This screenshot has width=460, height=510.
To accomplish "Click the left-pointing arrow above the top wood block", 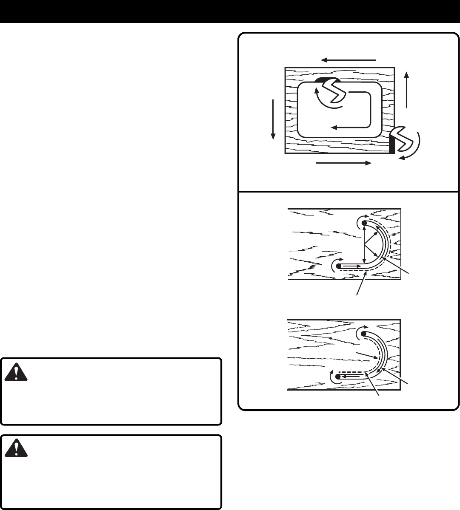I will tap(348, 60).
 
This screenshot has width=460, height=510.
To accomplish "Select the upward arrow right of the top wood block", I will tap(407, 89).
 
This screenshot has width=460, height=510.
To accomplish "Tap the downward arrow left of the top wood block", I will tap(273, 119).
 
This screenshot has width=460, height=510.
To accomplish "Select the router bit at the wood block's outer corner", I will tap(404, 139).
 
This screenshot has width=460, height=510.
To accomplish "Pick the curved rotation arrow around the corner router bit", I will tap(413, 149).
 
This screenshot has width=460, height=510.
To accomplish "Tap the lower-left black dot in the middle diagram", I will tap(338, 266).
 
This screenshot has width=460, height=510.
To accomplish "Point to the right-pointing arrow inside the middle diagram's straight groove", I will tap(351, 266).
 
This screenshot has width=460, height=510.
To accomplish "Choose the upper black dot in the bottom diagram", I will tap(364, 333).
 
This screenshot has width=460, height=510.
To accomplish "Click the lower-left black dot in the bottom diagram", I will tap(338, 377).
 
